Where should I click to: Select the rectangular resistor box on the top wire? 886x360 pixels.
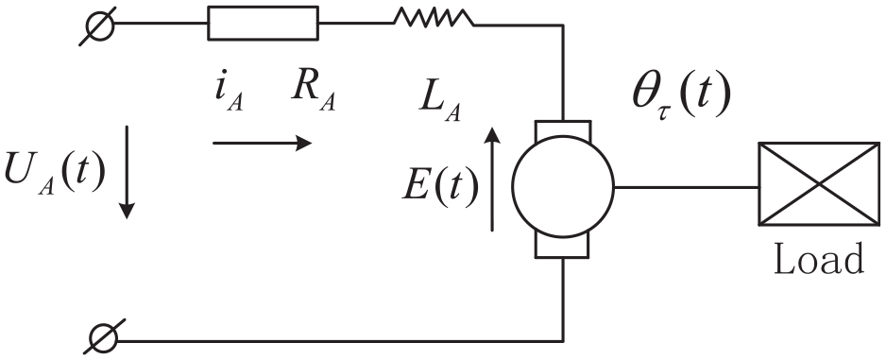click(263, 24)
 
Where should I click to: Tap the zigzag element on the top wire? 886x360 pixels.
click(434, 18)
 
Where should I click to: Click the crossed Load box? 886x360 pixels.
click(818, 184)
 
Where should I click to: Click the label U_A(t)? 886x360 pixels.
click(54, 172)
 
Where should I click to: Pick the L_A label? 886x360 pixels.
click(440, 103)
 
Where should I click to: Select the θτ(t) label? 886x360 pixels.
click(681, 96)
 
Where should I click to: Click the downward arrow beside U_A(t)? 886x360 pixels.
click(128, 172)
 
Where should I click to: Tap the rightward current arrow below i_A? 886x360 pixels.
click(263, 143)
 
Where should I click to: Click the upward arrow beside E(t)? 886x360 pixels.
click(492, 180)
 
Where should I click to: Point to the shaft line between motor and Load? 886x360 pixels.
click(686, 186)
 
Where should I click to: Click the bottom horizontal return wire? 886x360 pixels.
click(340, 341)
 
